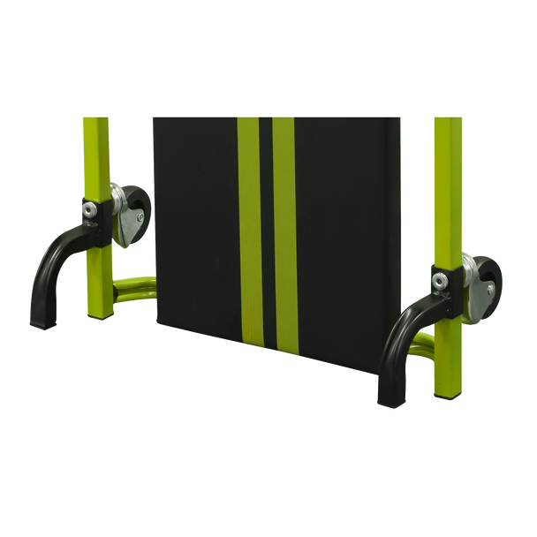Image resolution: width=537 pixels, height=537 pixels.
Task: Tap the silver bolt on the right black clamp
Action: [x=438, y=279]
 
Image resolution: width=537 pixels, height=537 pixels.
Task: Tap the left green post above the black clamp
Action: [x=95, y=150]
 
